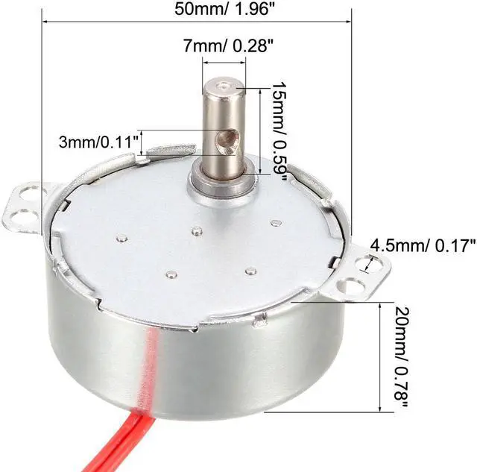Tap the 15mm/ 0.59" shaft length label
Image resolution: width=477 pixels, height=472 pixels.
click(x=280, y=128)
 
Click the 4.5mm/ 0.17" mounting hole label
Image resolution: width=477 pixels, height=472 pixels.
click(x=423, y=245)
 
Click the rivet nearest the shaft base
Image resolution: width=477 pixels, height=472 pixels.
click(x=197, y=232)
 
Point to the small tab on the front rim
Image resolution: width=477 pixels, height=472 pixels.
click(x=261, y=321)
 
